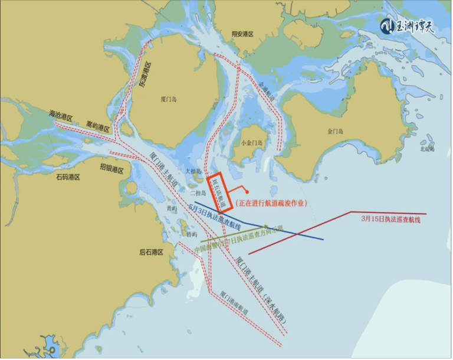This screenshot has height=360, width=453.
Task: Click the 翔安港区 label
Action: click(242, 35)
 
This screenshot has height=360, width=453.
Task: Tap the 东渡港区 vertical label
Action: click(145, 76)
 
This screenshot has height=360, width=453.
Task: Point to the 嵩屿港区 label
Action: click(98, 127)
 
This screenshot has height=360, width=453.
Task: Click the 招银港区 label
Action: click(111, 169)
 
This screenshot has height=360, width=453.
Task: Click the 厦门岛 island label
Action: click(169, 100)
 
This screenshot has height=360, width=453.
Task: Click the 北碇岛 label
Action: click(427, 149)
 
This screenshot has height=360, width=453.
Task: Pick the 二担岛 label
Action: click(199, 192)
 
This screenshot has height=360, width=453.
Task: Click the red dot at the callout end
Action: click(247, 192)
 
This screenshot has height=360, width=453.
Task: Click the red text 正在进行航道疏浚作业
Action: click(272, 202)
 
